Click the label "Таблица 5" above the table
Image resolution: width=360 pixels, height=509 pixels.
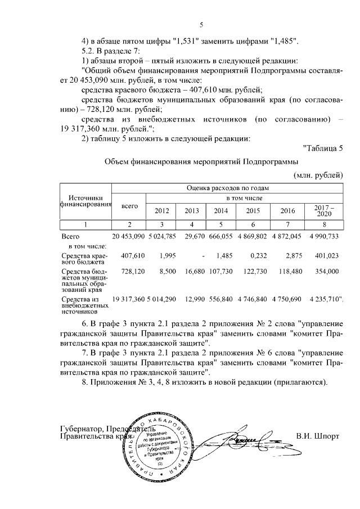pos(322,148)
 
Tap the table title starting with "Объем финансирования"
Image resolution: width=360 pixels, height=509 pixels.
pos(203,162)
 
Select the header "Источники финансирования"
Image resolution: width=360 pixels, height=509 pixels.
pos(86,201)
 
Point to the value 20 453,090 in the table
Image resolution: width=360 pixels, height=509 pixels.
pos(129,236)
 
